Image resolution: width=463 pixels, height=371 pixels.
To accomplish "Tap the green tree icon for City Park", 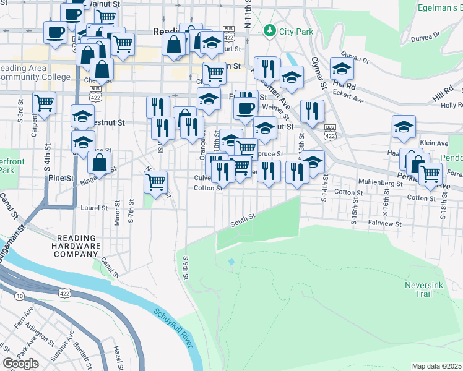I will click(x=269, y=30).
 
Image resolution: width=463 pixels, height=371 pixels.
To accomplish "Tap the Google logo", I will click(x=20, y=364).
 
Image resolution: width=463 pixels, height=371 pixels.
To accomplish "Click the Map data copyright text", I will click(x=437, y=366).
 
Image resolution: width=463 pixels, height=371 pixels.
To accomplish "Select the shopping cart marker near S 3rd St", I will click(x=44, y=103).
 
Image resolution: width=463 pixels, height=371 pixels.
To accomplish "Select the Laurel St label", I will click(x=95, y=208).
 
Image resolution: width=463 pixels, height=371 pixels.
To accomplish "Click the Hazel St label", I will click(x=117, y=357).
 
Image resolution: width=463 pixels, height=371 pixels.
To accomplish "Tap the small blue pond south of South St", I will click(x=231, y=262).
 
